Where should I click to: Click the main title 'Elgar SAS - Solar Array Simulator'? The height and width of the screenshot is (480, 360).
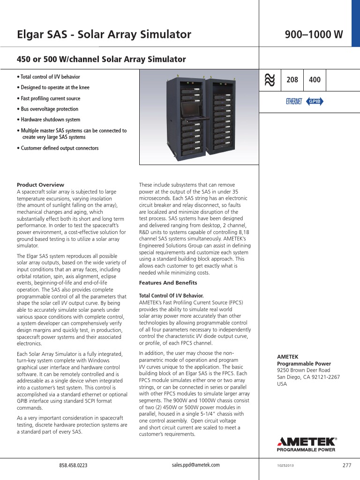104,34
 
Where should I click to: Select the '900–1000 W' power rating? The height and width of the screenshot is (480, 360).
314,34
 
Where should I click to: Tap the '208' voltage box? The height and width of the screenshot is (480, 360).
292,80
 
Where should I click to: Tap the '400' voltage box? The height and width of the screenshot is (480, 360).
315,80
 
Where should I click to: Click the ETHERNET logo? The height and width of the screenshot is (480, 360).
294,102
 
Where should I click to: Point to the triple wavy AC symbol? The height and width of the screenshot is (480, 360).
270,80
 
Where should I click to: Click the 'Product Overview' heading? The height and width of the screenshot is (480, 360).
40,185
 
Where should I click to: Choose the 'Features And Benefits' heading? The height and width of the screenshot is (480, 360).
168,283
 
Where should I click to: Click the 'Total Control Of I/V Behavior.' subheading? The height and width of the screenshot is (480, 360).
171,296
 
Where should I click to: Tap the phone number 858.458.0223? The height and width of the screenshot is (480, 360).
73,465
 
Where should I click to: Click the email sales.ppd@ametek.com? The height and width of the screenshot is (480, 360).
195,465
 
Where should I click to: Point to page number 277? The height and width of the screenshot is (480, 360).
346,465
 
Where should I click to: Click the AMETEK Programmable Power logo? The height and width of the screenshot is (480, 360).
307,444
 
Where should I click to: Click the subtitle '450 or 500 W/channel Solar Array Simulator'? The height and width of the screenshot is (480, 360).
101,60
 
